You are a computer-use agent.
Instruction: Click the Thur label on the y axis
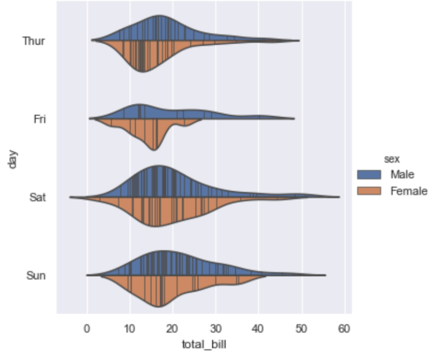point(34,40)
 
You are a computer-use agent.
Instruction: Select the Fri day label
point(39,119)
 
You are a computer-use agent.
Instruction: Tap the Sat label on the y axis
point(37,197)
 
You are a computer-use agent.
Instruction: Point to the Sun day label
point(36,276)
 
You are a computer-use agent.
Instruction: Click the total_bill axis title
point(204,343)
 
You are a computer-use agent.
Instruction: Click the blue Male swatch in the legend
point(368,174)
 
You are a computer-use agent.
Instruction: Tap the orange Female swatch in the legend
point(368,190)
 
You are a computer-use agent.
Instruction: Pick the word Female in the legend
point(409,190)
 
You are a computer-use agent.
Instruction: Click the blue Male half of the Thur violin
point(156,30)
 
